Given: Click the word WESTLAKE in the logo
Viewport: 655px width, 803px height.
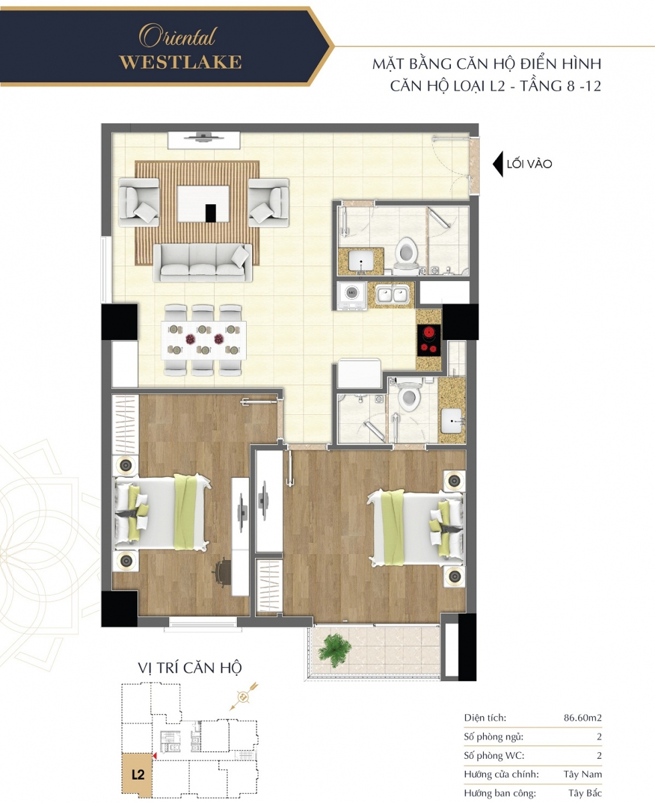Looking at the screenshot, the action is coord(181,62).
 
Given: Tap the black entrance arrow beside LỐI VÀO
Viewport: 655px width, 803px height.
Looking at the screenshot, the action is coord(498,164).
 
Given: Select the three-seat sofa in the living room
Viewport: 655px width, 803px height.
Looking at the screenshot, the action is coord(203,263).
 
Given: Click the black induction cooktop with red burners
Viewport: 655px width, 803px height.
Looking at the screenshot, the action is coord(429,340).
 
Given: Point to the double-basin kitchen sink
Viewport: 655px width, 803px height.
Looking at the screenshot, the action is coord(392,294).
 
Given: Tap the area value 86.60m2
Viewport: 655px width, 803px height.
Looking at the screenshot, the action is coord(583,718).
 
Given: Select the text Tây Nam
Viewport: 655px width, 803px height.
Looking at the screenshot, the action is coord(583,774).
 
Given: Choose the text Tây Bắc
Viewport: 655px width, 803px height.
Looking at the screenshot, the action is coord(585,793).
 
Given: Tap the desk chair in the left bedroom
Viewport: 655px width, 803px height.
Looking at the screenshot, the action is coord(223,571).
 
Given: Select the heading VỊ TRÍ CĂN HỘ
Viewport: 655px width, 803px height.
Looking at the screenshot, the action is coord(189,668).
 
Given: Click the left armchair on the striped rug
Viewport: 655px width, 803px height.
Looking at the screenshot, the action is coord(139,203).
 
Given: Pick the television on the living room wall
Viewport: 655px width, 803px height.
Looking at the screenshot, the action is coord(203,137).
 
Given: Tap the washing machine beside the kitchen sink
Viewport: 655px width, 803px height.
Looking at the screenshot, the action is coord(352,294).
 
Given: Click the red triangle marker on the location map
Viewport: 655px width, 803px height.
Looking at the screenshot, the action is coord(154,755).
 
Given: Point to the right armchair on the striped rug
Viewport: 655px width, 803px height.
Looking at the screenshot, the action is coord(268,203).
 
